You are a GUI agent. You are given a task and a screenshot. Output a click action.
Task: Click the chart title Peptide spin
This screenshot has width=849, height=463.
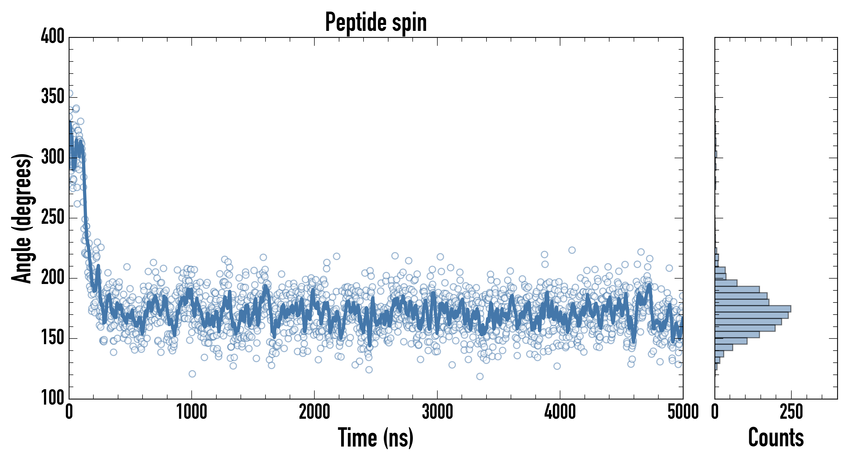point(376,22)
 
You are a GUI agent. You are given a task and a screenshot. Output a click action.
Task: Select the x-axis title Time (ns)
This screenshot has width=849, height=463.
point(376,437)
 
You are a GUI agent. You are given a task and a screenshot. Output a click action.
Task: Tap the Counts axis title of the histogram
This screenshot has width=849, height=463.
point(776,437)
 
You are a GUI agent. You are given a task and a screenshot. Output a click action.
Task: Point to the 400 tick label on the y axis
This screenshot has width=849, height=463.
point(53,36)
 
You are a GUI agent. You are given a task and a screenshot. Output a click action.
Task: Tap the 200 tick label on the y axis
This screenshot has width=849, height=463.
point(53,278)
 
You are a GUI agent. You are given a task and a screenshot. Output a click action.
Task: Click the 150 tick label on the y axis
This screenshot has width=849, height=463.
point(53,338)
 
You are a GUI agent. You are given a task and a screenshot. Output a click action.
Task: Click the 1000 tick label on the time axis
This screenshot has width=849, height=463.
point(192,412)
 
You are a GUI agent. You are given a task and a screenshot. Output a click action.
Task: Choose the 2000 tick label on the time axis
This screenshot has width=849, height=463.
point(314,412)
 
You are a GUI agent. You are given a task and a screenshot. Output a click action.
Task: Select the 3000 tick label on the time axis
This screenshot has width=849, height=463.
point(437,412)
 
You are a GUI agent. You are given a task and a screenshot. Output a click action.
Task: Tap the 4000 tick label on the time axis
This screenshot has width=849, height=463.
point(560,412)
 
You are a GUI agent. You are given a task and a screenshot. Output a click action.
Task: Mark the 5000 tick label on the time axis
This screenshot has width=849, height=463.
point(683,412)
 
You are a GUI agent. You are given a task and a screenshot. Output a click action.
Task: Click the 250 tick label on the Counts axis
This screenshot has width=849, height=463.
point(791,412)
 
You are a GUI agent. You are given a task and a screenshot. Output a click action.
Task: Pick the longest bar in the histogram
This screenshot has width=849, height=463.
point(753,309)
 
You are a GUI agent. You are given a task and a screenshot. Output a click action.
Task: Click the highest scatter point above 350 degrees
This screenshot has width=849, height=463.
point(70,93)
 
